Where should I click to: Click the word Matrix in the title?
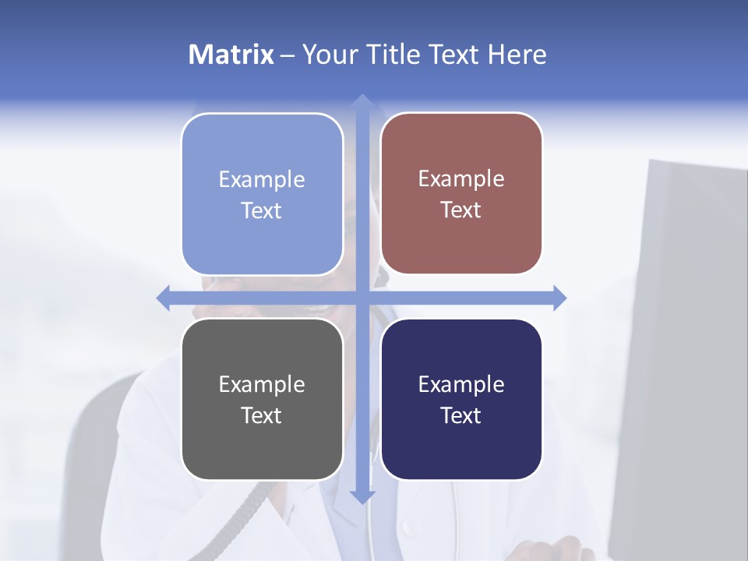(x=231, y=55)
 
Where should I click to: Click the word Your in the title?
(x=327, y=55)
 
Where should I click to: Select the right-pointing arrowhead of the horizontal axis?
(x=559, y=298)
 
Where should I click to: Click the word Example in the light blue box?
(x=262, y=179)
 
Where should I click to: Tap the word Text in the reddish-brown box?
(x=461, y=210)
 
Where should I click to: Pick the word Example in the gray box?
(x=262, y=384)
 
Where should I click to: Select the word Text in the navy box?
(x=461, y=415)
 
